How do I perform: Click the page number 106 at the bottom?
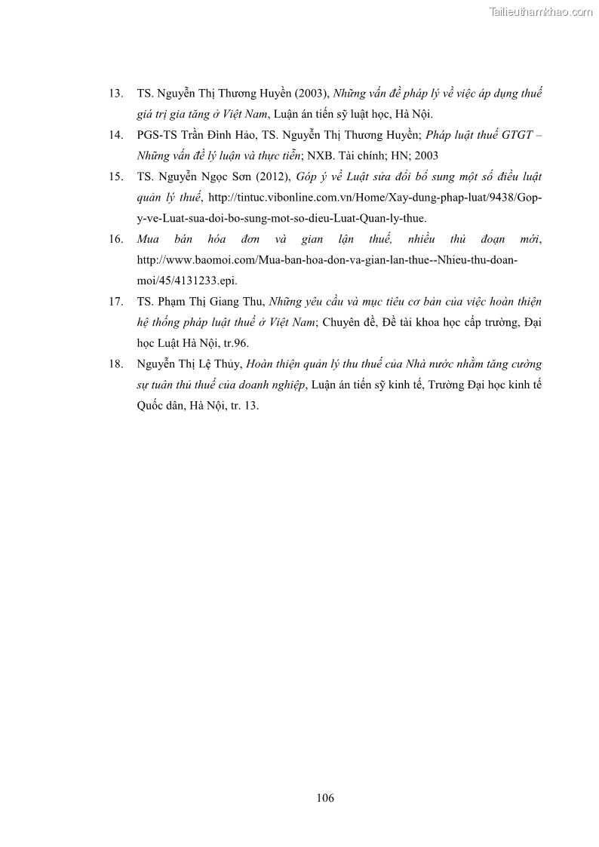pyautogui.click(x=326, y=798)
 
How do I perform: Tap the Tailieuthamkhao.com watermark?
pyautogui.click(x=541, y=11)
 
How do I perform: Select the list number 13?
pyautogui.click(x=116, y=94)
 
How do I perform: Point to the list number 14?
pyautogui.click(x=116, y=136)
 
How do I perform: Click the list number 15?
pyautogui.click(x=116, y=177)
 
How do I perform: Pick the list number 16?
pyautogui.click(x=116, y=239)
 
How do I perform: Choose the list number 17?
pyautogui.click(x=116, y=302)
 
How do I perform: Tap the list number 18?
pyautogui.click(x=116, y=364)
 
